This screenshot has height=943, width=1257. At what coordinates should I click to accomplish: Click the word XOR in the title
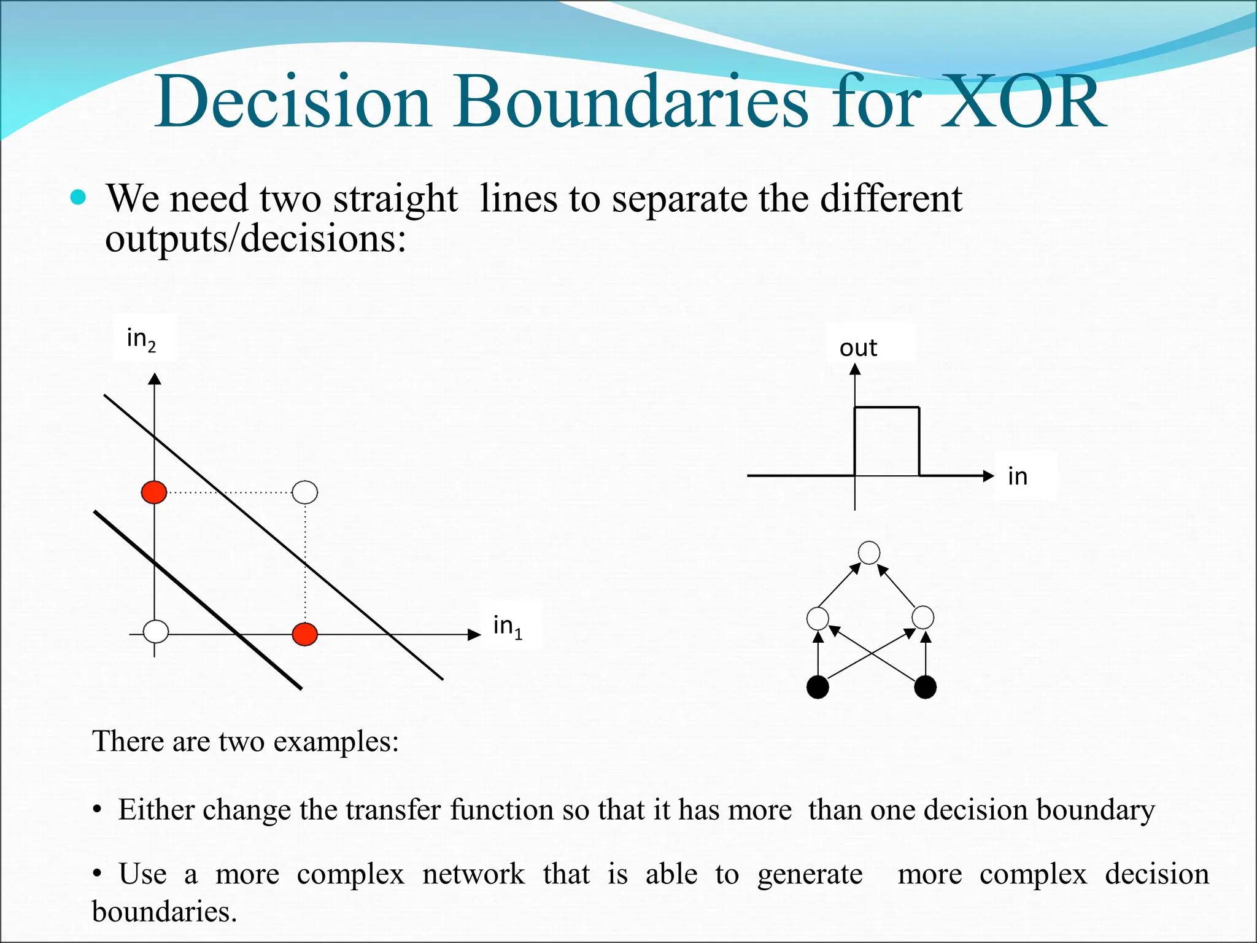1024,103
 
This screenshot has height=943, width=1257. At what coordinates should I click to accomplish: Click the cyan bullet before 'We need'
78,197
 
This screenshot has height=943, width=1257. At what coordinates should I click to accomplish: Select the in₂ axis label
142,338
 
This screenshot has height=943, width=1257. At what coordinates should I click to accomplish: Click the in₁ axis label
508,626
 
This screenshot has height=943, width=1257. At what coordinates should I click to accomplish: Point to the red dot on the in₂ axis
154,492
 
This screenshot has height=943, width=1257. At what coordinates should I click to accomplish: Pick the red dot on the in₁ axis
305,634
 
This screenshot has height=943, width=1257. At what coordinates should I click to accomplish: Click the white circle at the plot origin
156,631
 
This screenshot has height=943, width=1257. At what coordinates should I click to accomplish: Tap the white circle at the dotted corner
305,492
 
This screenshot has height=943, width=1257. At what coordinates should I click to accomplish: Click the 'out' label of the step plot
858,348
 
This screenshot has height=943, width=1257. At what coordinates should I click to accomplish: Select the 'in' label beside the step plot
1017,476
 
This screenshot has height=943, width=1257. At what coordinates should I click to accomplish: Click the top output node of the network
869,553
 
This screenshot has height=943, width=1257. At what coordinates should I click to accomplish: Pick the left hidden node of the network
818,618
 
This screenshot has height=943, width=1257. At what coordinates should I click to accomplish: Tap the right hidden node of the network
923,618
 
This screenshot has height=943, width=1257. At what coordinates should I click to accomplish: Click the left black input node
818,687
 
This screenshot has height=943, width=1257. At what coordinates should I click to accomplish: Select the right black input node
925,687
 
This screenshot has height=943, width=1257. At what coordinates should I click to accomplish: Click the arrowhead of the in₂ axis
155,379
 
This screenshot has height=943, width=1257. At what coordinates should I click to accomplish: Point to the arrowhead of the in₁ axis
474,634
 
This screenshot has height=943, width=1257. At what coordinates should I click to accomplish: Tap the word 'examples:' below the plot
336,741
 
